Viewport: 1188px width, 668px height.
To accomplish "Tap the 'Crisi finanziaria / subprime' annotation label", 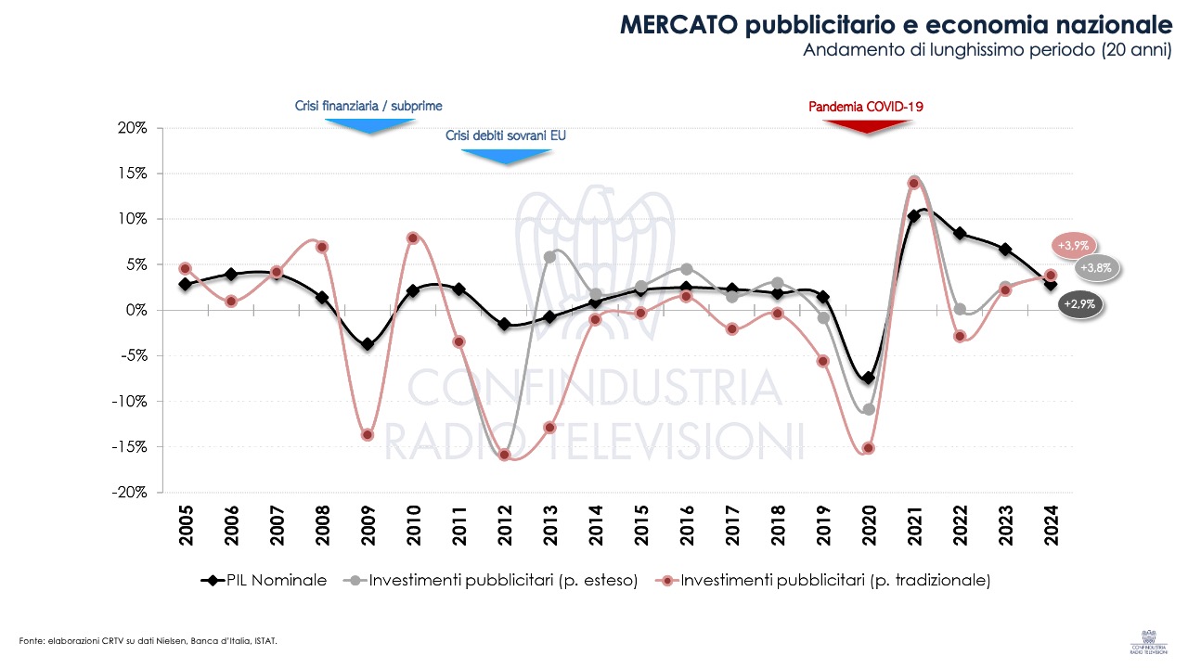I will (x=368, y=106).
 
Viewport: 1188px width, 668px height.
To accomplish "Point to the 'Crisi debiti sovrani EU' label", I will (x=505, y=135).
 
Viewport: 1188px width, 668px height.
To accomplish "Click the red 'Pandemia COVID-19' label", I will (x=866, y=107).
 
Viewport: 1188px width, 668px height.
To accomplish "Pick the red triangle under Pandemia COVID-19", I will (x=867, y=126).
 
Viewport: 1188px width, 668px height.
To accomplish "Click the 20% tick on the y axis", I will (x=131, y=128).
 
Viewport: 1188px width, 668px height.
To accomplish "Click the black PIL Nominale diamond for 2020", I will (x=868, y=378).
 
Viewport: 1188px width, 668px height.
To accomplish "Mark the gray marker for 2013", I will (x=549, y=257).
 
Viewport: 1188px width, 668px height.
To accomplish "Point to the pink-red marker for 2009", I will (x=368, y=435).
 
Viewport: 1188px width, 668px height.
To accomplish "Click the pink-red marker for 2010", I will (x=413, y=238).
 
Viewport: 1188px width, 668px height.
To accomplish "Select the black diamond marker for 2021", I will (x=913, y=216).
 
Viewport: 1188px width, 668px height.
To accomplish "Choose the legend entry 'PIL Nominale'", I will (x=265, y=581).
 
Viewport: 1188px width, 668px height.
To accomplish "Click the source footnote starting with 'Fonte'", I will (x=148, y=640).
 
